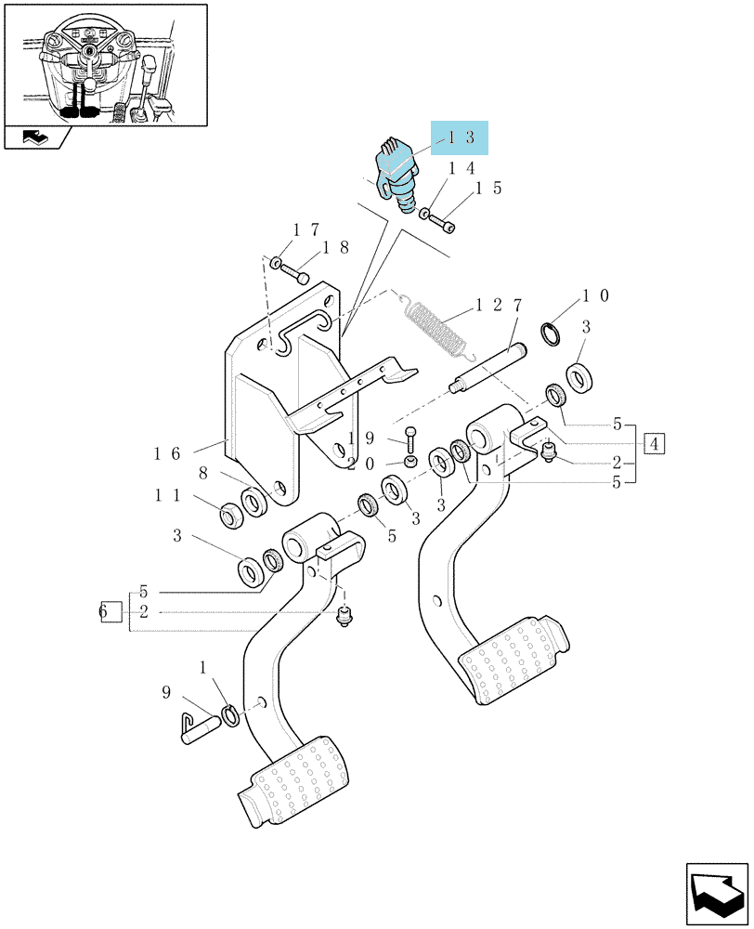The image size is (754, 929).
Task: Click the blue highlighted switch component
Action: click(x=397, y=176)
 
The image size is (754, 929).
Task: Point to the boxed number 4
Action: click(x=655, y=443)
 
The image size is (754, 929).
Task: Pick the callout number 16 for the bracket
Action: click(x=167, y=454)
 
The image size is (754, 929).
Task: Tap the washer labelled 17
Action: click(x=276, y=262)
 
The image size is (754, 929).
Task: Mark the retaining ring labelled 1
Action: click(x=230, y=715)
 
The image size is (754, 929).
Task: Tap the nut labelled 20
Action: click(x=409, y=462)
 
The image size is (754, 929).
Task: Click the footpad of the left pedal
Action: click(x=293, y=779)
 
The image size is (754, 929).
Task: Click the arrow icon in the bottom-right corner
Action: click(x=716, y=893)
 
